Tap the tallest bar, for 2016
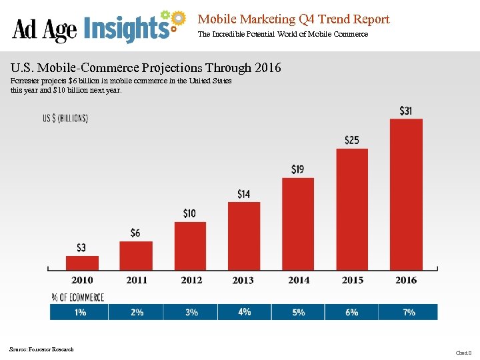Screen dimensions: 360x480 click(x=406, y=193)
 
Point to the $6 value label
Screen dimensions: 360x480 click(x=135, y=233)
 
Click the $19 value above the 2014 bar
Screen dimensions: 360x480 click(x=297, y=169)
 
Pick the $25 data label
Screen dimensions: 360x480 click(x=352, y=140)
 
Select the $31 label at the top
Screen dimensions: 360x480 click(x=405, y=111)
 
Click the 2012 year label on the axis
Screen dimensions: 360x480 click(x=191, y=280)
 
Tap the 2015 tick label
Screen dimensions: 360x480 click(x=353, y=280)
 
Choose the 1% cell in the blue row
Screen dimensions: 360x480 click(x=80, y=312)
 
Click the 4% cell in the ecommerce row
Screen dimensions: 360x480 click(x=244, y=311)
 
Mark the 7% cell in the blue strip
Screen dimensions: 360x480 click(x=409, y=312)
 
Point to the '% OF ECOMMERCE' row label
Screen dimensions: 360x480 click(x=77, y=297)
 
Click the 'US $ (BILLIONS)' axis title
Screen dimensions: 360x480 click(x=65, y=119)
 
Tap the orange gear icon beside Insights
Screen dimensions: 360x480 click(x=177, y=19)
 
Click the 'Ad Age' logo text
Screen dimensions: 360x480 click(x=45, y=29)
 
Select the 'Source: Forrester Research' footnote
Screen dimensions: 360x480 click(x=41, y=349)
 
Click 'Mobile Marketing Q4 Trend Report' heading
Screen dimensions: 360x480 click(x=293, y=19)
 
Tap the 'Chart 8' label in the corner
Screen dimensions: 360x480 click(x=463, y=352)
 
